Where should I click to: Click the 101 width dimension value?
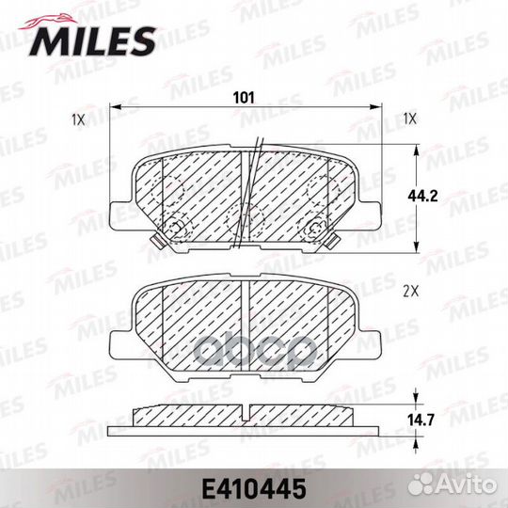(244, 98)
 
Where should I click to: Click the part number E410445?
(254, 489)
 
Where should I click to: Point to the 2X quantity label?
(411, 293)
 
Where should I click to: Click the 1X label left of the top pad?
(78, 120)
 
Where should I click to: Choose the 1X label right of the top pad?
(410, 119)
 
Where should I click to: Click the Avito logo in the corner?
(452, 485)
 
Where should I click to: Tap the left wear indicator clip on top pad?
(157, 241)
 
